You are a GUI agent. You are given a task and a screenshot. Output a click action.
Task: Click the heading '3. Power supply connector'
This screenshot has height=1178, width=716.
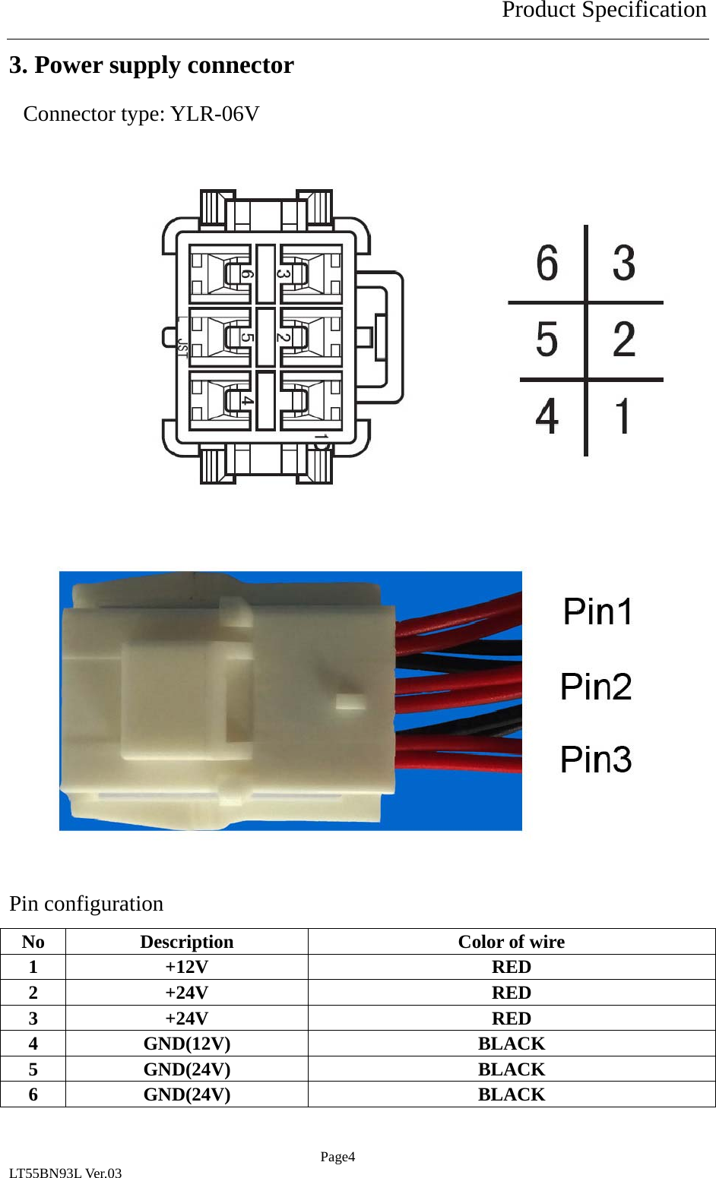point(151,65)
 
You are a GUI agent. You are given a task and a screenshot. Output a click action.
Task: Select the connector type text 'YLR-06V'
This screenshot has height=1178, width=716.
point(215,114)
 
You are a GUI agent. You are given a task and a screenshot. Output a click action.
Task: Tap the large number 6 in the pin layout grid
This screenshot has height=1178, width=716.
point(547,264)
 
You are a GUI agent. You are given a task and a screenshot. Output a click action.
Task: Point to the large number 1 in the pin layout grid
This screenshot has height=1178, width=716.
point(623,416)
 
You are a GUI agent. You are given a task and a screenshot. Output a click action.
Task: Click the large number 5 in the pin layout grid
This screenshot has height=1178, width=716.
point(547,340)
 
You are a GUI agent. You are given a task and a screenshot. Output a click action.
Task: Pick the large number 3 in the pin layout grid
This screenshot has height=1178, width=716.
point(624,264)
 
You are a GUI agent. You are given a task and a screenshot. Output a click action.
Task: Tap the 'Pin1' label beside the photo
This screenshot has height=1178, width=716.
point(598,612)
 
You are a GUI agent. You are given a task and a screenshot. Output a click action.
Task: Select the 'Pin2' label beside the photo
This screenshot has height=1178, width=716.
point(596,687)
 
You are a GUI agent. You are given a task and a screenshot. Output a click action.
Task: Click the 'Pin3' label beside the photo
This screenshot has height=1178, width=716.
point(596,760)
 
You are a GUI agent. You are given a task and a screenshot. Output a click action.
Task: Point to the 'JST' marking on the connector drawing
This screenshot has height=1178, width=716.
point(182,346)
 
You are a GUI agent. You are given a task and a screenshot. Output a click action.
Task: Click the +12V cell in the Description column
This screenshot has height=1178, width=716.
point(186,967)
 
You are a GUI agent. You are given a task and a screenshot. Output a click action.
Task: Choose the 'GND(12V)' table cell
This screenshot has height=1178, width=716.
point(186,1044)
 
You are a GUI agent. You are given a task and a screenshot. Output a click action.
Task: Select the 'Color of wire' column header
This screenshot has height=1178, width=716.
point(511,942)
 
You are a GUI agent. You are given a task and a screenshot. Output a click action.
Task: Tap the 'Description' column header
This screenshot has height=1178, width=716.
point(186,942)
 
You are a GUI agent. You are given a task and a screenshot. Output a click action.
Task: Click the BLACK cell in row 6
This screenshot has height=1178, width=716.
point(511,1094)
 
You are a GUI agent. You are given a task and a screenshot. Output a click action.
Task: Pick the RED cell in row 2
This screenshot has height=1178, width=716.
point(511,993)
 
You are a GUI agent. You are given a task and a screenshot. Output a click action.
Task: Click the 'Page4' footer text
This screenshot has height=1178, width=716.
point(337,1157)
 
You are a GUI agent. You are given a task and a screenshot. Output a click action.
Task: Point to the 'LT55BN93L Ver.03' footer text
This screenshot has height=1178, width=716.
point(65,1173)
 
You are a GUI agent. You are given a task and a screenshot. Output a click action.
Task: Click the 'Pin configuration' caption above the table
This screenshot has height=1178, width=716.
point(86,904)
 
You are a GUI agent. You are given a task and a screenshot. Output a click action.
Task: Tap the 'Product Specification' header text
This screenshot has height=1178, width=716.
point(604,11)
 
